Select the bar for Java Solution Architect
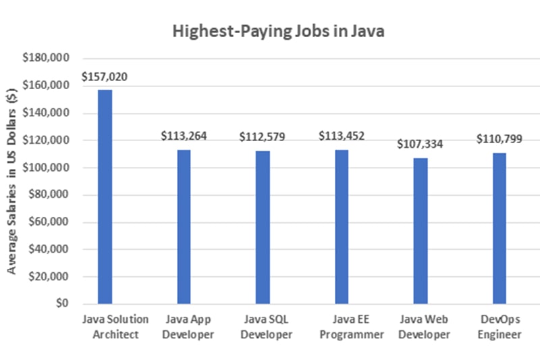click(105, 197)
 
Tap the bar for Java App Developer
click(184, 226)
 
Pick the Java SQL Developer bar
click(263, 227)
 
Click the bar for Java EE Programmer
click(342, 226)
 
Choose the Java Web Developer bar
click(421, 230)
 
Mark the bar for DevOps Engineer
click(500, 228)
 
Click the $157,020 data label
click(105, 77)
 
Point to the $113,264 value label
click(184, 136)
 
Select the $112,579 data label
click(263, 136)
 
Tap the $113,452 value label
click(342, 136)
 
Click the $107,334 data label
click(421, 144)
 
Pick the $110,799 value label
click(500, 139)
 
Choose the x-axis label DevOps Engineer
click(499, 326)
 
